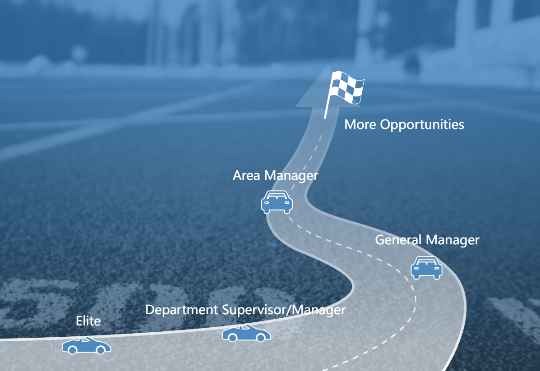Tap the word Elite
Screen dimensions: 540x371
(x=88, y=321)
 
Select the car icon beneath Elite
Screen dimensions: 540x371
(x=86, y=346)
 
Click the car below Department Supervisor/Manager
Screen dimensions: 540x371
(x=246, y=333)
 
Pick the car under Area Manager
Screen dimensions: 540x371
(x=277, y=202)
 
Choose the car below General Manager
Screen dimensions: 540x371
(x=426, y=268)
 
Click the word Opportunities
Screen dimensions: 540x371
(x=422, y=124)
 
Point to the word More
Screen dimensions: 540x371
(x=360, y=124)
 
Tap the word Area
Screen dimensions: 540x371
(x=247, y=175)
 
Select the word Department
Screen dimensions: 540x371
(x=181, y=310)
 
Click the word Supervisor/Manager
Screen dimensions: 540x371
(x=284, y=310)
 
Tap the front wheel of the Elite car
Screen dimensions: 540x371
(x=101, y=350)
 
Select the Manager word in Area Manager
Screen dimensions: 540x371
(x=291, y=176)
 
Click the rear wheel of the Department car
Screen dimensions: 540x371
(x=232, y=338)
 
